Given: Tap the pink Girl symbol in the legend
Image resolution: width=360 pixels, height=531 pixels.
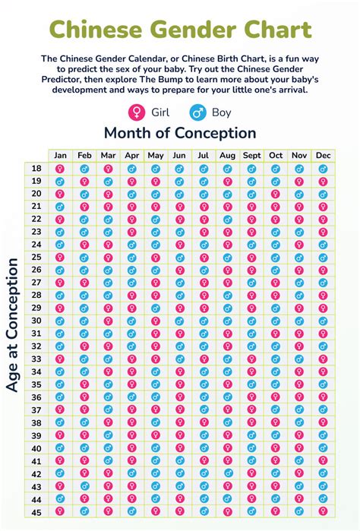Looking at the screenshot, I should (136, 112).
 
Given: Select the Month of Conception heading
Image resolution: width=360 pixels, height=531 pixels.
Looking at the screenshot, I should (180, 133).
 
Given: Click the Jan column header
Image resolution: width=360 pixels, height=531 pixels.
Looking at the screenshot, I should (61, 156).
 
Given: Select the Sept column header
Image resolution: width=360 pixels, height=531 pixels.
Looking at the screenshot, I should (251, 156).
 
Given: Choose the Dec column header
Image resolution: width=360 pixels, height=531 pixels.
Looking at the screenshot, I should (323, 156).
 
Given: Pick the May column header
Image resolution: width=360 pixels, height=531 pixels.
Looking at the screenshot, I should (156, 156).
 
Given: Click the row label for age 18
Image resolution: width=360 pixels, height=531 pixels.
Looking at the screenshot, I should (36, 169).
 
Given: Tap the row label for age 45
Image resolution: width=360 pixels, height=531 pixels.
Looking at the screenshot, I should (36, 511).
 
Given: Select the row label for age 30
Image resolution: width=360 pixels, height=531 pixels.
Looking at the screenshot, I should (36, 321).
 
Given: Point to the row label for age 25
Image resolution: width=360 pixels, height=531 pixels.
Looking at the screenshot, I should (36, 258).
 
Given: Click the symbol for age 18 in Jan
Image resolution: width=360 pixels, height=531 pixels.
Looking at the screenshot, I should (61, 169).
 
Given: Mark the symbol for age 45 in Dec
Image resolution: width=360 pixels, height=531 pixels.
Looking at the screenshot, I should (323, 511).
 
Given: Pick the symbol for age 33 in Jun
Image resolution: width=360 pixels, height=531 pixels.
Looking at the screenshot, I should (179, 359).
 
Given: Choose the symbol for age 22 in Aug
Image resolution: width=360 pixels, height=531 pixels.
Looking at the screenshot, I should (227, 220).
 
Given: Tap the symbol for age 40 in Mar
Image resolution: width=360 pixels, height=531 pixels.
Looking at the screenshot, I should (108, 448).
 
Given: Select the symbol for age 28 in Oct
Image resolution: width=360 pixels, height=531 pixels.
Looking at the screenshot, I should (275, 296).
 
